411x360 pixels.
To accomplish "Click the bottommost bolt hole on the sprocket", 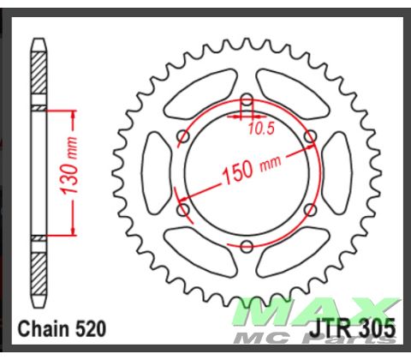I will [247, 247].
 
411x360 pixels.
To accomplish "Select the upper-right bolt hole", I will [310, 136].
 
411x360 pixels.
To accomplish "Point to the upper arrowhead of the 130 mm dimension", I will [74, 111].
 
